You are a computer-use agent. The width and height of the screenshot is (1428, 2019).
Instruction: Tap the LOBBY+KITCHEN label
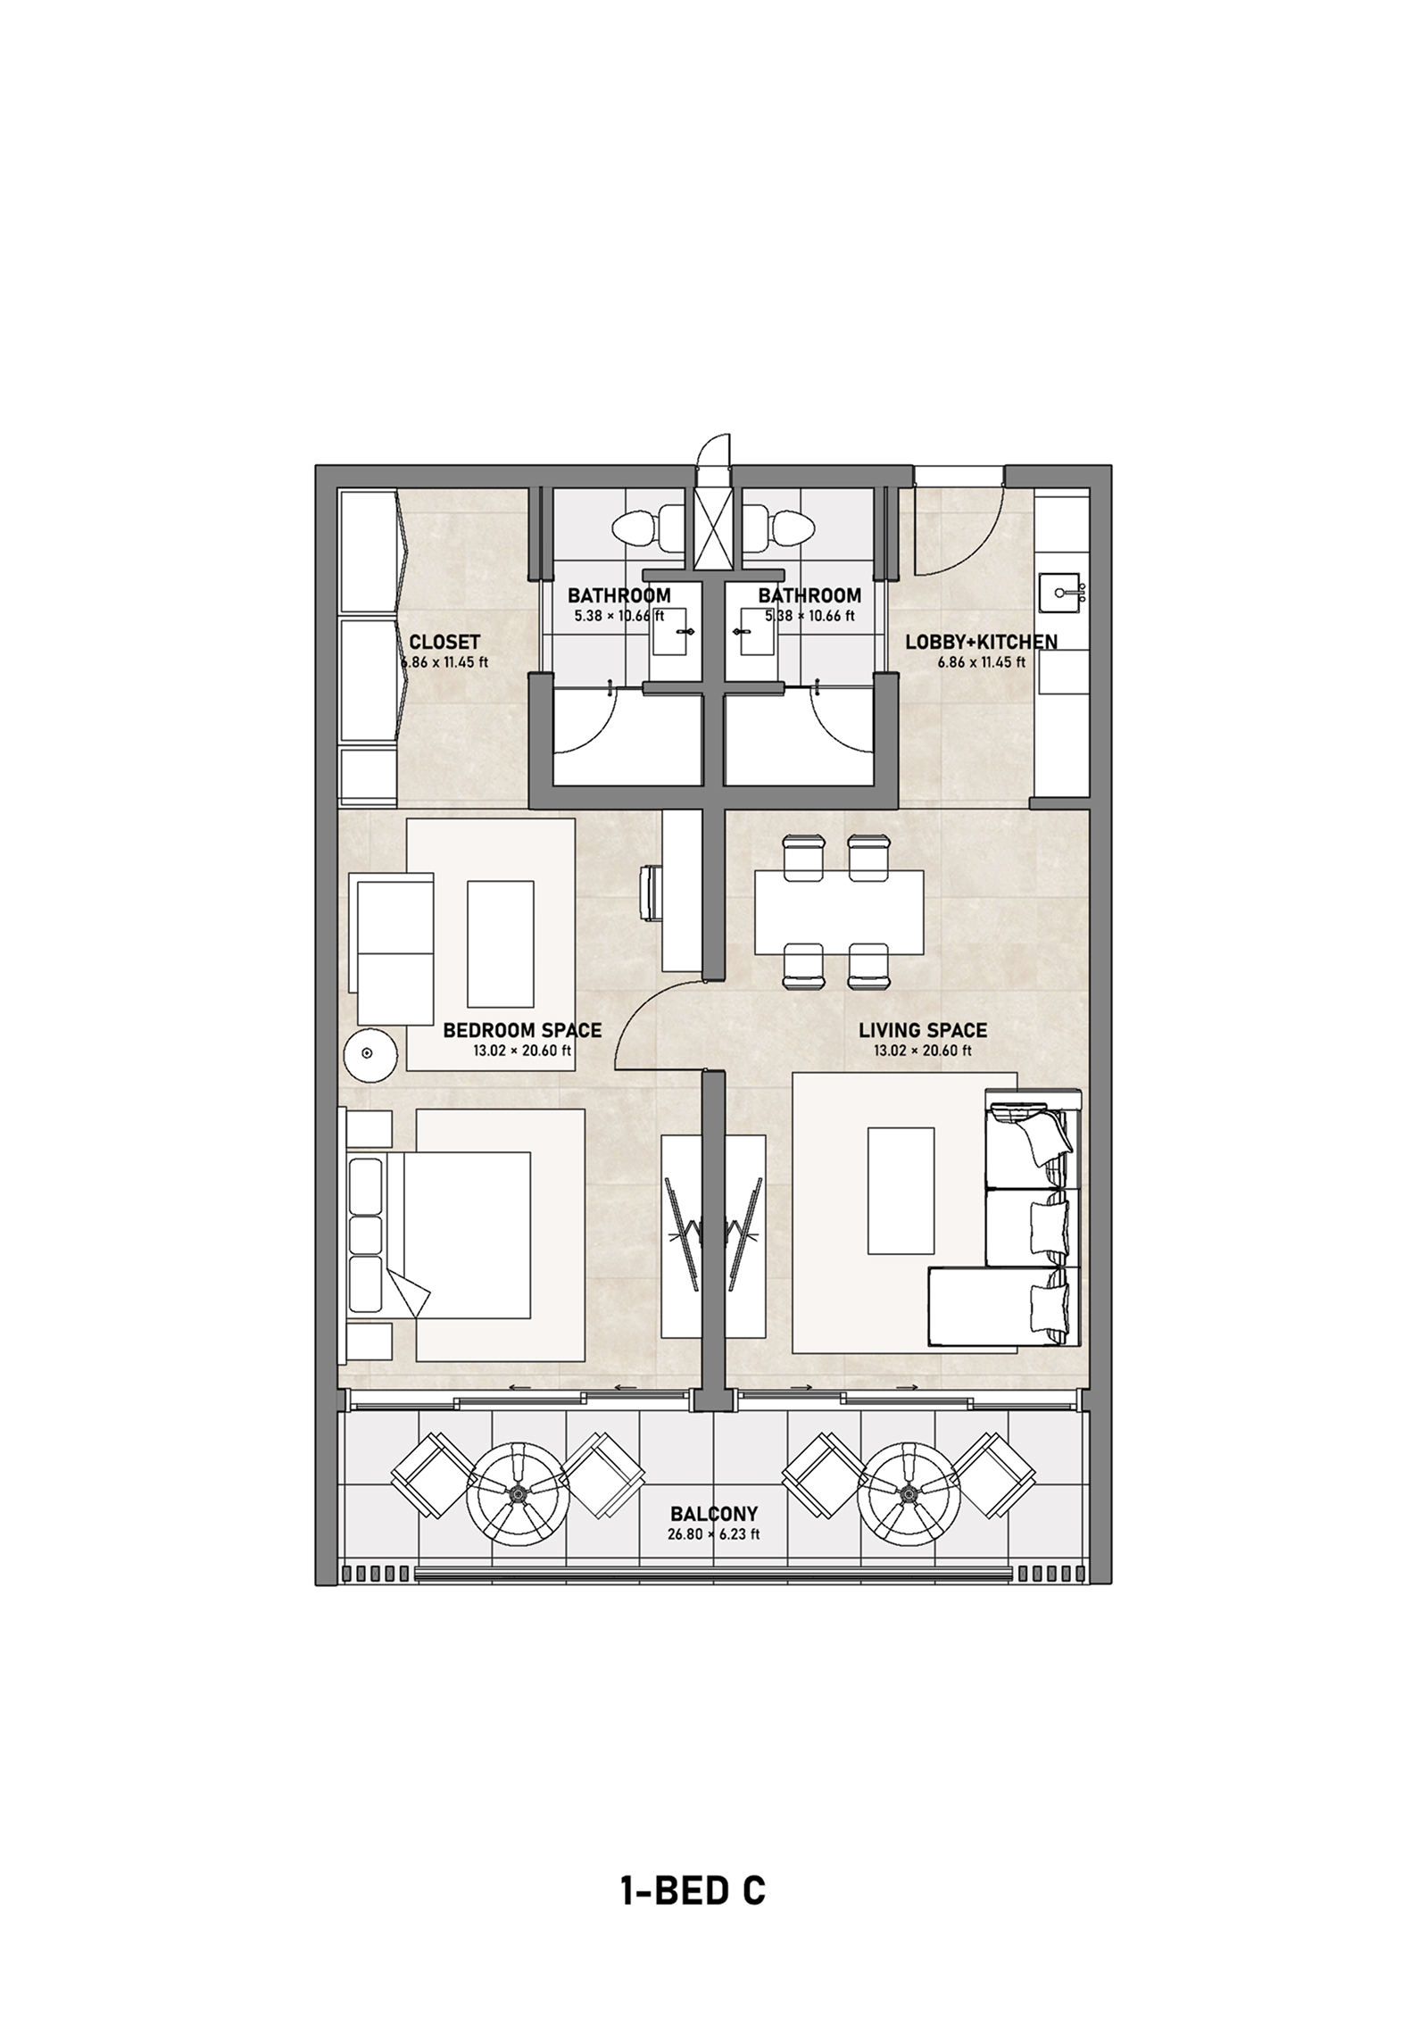[x=981, y=642]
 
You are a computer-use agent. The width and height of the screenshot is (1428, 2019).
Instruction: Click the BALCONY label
[x=714, y=1514]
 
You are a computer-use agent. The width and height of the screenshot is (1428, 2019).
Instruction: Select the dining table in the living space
[x=838, y=912]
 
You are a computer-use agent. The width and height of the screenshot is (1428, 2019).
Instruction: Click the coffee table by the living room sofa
[x=902, y=1190]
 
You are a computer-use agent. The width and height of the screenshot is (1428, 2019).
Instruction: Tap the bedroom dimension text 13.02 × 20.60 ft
[x=522, y=1051]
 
